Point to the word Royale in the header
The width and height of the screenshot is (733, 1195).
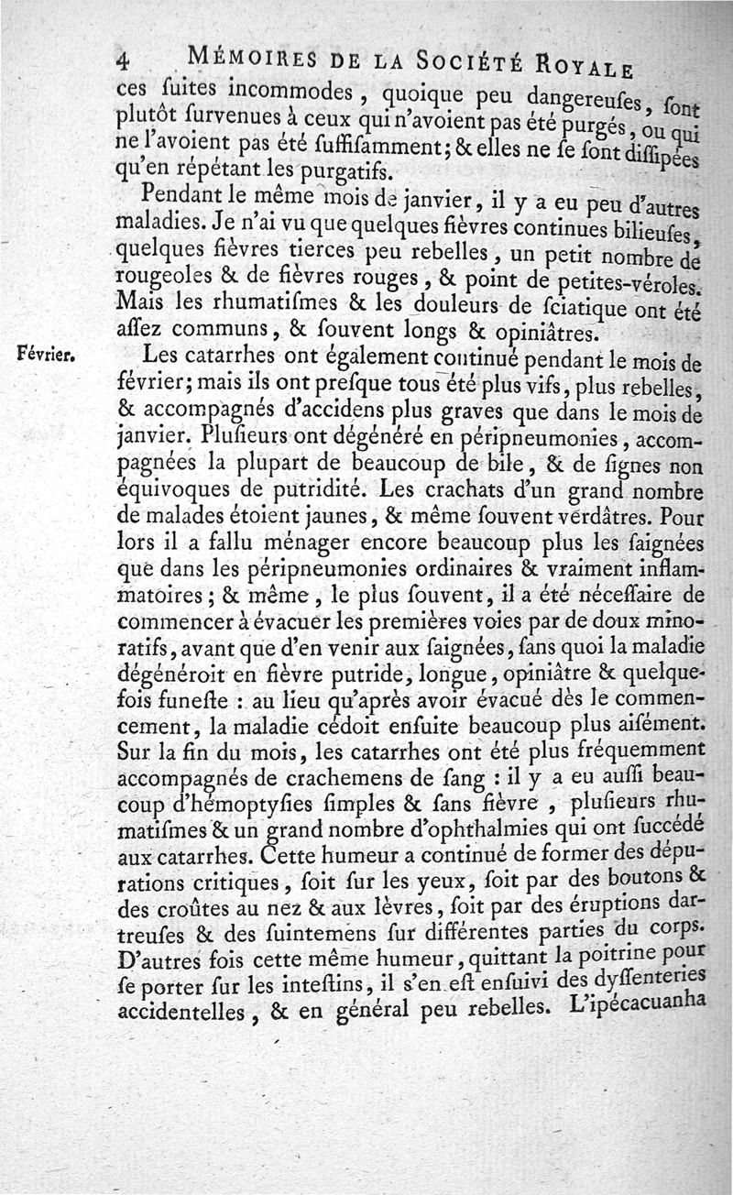(585, 66)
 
